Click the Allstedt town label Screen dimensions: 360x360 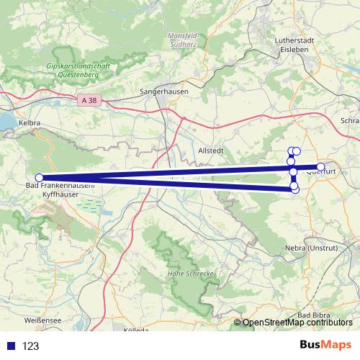pyautogui.click(x=210, y=151)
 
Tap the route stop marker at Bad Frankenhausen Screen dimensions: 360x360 pyautogui.click(x=40, y=178)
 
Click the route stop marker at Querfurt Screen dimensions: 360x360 pyautogui.click(x=321, y=168)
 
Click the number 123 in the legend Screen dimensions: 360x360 pyautogui.click(x=30, y=346)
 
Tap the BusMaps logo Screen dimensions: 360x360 pyautogui.click(x=325, y=345)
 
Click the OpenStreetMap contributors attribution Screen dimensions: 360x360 pyautogui.click(x=297, y=323)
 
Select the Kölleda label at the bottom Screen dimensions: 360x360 pyautogui.click(x=136, y=330)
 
